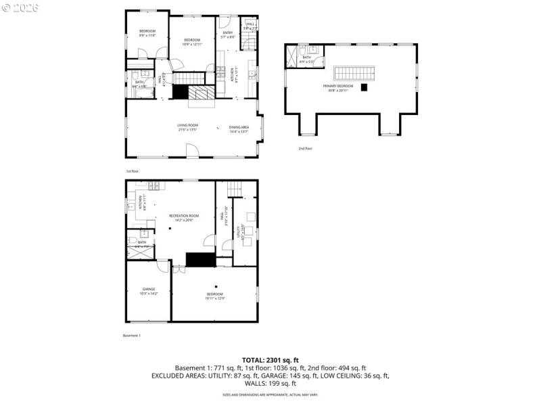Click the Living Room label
tap(187, 127)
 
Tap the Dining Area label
tap(239, 129)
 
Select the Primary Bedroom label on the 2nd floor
tap(340, 88)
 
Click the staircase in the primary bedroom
tap(354, 73)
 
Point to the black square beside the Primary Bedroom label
tap(364, 87)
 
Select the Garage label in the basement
tap(148, 291)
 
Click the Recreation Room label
tap(184, 217)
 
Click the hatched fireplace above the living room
tap(201, 94)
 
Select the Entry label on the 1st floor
tap(228, 35)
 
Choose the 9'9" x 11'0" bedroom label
tap(147, 33)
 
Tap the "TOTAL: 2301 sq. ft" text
tap(270, 360)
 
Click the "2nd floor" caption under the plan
tap(305, 148)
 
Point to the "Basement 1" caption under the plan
tap(131, 336)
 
